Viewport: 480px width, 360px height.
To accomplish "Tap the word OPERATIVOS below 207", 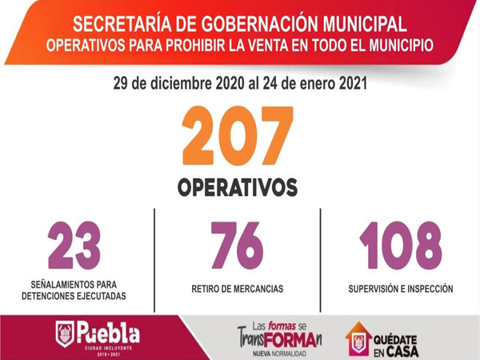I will [x=237, y=187].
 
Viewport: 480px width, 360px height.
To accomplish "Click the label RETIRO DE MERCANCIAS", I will [x=237, y=288].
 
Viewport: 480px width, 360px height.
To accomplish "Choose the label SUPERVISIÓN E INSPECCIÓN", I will [x=401, y=288].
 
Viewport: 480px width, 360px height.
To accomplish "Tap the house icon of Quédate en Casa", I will [x=358, y=338].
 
